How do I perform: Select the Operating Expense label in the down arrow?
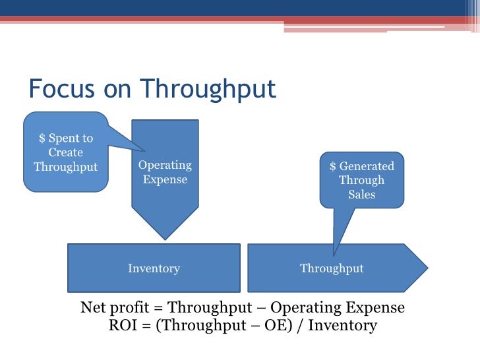click(165, 172)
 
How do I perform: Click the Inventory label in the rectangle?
click(154, 268)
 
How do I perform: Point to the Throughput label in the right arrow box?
click(332, 268)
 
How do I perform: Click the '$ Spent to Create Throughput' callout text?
click(66, 152)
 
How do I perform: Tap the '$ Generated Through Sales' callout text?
click(361, 180)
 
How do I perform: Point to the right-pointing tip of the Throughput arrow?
click(427, 268)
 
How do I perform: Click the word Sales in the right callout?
click(361, 195)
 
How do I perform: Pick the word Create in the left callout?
click(66, 152)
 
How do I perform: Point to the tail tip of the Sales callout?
click(334, 255)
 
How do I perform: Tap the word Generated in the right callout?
click(367, 166)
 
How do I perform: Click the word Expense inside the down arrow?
click(165, 179)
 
